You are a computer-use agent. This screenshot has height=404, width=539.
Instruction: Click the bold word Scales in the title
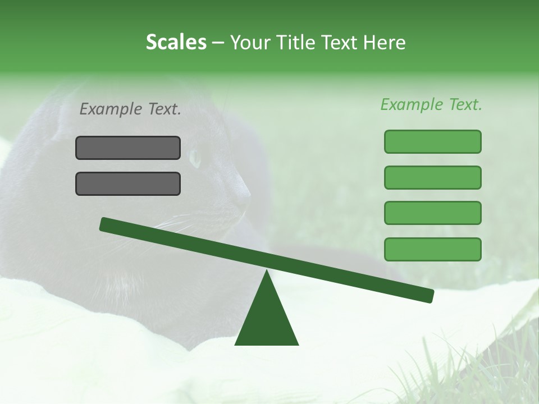point(176,43)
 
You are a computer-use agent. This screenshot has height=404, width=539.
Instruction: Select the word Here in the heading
point(385,43)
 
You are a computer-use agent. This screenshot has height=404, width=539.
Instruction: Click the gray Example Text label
point(130,109)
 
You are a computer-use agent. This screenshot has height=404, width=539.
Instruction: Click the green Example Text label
point(431,104)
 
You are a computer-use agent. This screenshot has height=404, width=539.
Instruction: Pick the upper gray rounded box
point(128,148)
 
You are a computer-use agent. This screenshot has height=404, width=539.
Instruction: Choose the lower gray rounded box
point(128,184)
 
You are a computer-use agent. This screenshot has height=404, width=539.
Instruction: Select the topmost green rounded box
point(432,141)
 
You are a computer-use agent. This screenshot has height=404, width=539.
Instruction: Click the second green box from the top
point(432,177)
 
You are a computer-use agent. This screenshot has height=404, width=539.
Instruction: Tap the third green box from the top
point(432,213)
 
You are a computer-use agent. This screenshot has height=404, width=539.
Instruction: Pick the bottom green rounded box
point(432,249)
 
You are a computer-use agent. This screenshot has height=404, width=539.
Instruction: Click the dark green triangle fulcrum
point(267,320)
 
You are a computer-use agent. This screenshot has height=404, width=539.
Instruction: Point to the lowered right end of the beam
point(429,296)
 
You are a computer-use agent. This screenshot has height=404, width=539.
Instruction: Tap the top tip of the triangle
point(267,272)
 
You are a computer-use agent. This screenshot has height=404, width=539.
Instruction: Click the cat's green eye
point(195,158)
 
